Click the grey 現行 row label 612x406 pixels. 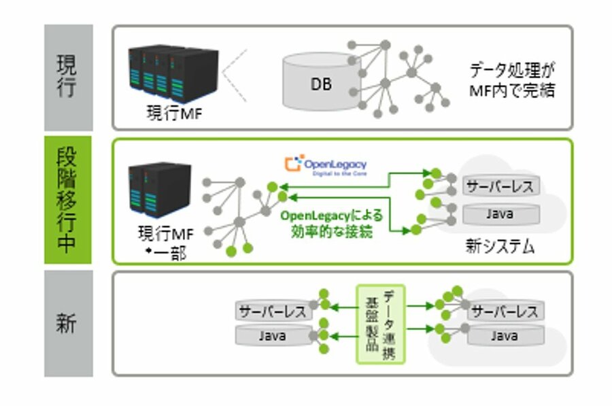tap(68, 77)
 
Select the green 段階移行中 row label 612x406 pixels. tap(68, 200)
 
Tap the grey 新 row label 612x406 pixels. tap(68, 323)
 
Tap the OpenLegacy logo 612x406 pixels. tap(326, 165)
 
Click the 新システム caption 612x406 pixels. tap(499, 246)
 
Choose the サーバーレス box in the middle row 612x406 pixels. tap(500, 186)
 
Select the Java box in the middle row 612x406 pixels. tap(500, 214)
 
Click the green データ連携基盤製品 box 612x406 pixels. tap(381, 323)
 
